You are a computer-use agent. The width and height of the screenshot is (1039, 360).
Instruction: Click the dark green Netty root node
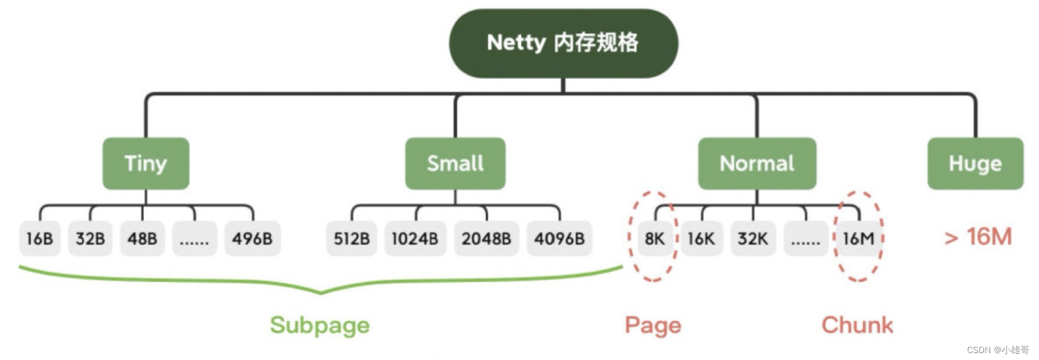click(x=563, y=43)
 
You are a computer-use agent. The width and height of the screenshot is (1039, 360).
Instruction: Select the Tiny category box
click(x=146, y=164)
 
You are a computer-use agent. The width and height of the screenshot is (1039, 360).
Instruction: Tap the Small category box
click(x=455, y=164)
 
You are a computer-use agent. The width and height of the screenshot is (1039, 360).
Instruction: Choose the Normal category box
click(x=756, y=164)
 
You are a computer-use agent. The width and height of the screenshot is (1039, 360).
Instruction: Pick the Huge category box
click(x=975, y=164)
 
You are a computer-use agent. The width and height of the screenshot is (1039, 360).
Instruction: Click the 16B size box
click(x=40, y=238)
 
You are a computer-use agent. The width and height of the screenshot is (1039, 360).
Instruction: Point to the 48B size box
click(x=143, y=238)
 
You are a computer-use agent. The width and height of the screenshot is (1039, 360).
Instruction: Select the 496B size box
click(x=253, y=238)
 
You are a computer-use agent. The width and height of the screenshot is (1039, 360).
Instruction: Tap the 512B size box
click(x=351, y=238)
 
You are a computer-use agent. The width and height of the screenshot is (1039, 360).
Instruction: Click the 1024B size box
click(x=415, y=238)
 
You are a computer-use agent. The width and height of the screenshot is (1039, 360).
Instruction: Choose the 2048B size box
click(x=486, y=238)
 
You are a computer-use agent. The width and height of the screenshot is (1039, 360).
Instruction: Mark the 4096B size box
click(x=559, y=238)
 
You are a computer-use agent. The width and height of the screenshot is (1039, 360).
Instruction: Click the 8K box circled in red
click(x=655, y=238)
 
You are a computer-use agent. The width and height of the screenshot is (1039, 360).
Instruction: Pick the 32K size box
click(x=753, y=238)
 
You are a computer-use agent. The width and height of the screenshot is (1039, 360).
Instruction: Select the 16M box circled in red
click(x=858, y=238)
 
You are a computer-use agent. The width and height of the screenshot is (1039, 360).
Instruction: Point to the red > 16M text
click(x=978, y=237)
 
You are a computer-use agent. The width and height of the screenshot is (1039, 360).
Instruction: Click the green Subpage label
click(x=319, y=325)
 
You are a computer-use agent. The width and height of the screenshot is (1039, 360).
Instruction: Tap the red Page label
click(x=653, y=325)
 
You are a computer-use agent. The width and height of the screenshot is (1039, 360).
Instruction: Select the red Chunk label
click(x=857, y=325)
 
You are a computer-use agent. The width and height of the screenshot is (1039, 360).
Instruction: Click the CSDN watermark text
click(x=997, y=350)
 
